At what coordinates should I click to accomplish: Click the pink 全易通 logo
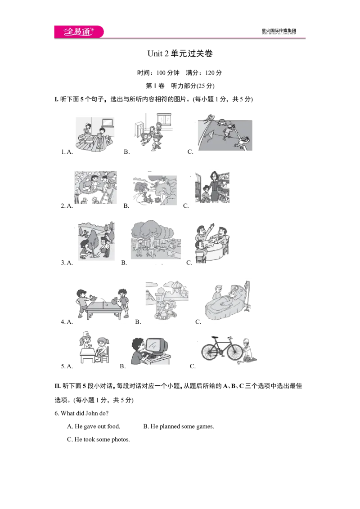tap(79, 31)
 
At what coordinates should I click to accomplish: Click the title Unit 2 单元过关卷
tap(180, 53)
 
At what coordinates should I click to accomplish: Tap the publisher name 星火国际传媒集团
tap(279, 31)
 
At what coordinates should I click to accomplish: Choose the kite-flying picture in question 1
tap(225, 133)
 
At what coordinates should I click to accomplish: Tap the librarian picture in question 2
tap(212, 188)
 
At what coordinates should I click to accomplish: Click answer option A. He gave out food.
tap(94, 426)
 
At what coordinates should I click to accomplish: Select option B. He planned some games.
tap(179, 426)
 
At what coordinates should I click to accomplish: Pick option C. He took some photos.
tap(99, 439)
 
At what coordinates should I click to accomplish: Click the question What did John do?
tap(81, 413)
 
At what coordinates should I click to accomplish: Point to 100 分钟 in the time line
tap(168, 73)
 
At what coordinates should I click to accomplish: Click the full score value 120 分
tap(213, 73)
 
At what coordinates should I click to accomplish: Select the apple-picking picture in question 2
tap(95, 188)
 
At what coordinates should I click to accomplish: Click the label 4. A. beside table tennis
tap(67, 321)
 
